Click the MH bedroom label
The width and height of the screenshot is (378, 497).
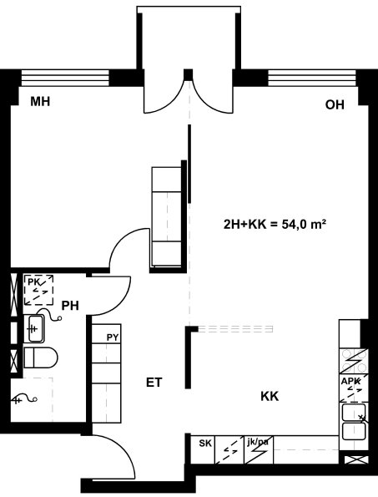(40, 102)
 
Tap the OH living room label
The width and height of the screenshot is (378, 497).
(335, 105)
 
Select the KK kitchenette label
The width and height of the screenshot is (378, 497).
(270, 396)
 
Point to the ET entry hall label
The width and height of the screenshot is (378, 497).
(154, 383)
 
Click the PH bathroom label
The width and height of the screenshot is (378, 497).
(70, 306)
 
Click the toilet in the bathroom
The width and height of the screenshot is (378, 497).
(41, 358)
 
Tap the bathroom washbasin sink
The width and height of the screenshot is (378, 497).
(34, 329)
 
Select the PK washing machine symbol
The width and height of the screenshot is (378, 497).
(38, 290)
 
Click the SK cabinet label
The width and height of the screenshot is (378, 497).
(205, 443)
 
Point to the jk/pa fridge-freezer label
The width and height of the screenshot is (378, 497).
(258, 441)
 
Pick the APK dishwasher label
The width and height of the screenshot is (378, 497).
(350, 381)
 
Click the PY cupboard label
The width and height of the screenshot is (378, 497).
(113, 337)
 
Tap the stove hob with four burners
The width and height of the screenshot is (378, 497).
(354, 361)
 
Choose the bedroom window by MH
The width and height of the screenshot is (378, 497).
(65, 78)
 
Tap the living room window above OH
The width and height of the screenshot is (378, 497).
(313, 78)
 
